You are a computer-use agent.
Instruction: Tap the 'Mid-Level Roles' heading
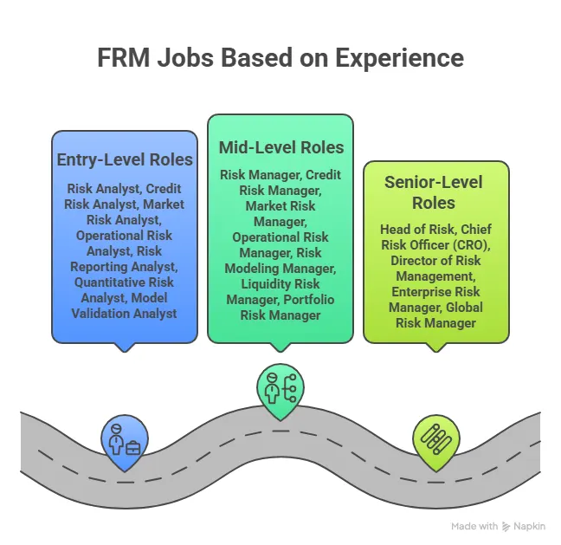(x=280, y=146)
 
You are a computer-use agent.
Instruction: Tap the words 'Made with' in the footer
(x=474, y=526)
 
